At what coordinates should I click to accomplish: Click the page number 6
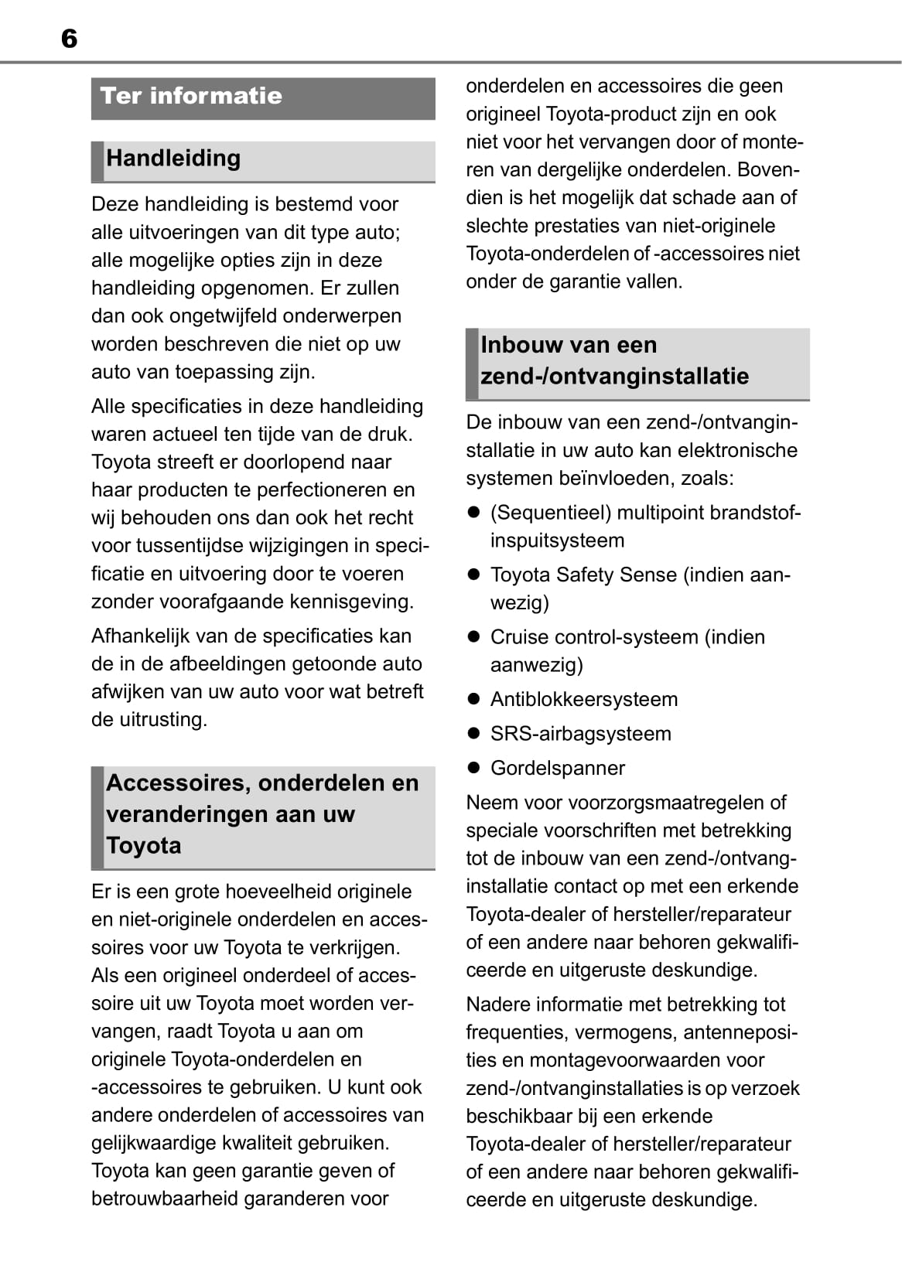(69, 39)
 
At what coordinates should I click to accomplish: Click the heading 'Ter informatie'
(191, 96)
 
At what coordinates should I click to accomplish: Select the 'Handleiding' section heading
(173, 159)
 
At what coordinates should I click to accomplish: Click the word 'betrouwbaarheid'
(169, 1199)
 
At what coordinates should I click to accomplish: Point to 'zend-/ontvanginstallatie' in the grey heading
(614, 377)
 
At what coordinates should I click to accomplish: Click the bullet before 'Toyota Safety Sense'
(474, 575)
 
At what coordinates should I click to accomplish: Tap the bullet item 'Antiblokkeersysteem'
(583, 699)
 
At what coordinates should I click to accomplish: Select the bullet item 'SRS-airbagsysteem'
(580, 734)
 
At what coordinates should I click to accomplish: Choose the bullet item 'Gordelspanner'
(557, 768)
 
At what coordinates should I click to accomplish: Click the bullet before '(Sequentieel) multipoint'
(474, 512)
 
